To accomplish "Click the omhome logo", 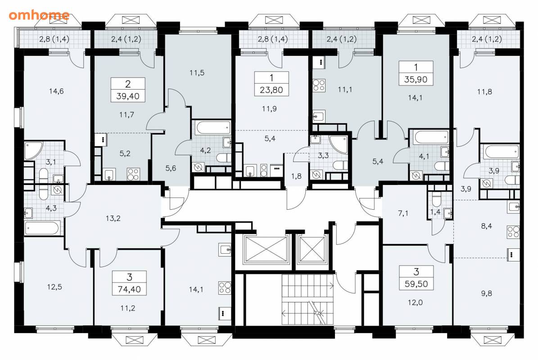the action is [39, 15].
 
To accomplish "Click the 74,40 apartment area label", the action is [129, 289].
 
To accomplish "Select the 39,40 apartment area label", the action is [128, 96].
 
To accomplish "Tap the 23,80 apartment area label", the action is [271, 90].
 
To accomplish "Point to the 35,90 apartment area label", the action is [416, 79].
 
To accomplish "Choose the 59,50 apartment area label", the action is [416, 284].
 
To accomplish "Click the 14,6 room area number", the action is [56, 91].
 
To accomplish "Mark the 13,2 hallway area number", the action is [113, 218].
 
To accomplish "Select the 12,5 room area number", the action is [54, 287].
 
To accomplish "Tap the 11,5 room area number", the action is [197, 73].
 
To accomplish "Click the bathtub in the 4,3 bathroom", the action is [43, 228].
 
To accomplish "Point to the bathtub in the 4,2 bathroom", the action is [213, 127].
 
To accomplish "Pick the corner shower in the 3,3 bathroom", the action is [339, 145].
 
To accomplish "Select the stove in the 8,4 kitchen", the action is [513, 232].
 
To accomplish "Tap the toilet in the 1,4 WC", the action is [436, 199].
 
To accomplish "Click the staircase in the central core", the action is [307, 299].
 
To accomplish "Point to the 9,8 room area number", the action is [487, 293].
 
